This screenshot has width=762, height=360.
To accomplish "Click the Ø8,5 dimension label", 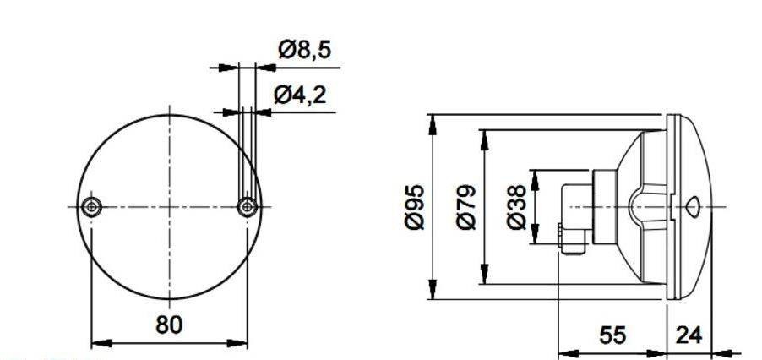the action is point(305,50).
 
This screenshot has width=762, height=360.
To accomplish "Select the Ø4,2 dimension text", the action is point(300,95).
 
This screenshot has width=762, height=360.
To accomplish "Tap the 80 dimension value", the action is point(169,325).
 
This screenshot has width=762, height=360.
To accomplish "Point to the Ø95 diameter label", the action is point(415,207).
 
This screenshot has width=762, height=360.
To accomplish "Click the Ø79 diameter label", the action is point(467,207).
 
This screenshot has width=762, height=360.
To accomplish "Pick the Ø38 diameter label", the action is point(516,207).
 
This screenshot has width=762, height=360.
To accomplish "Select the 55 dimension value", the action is point(612,335).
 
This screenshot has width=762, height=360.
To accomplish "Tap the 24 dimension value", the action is point(689,335).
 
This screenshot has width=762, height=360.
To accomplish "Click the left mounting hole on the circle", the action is point(91,207).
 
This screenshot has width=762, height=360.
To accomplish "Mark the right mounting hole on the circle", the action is point(248,207).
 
